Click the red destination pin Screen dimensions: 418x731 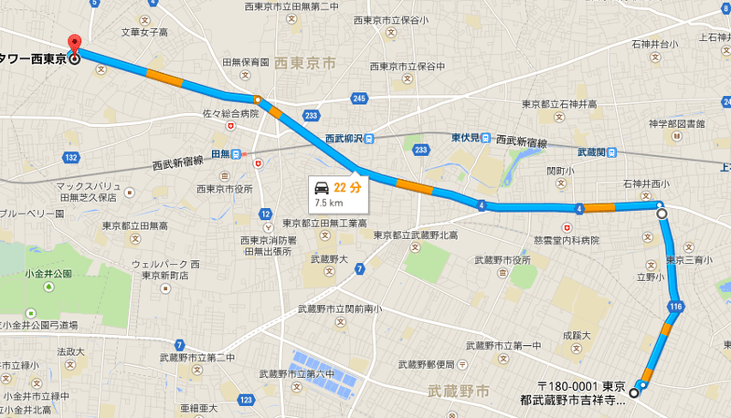74,43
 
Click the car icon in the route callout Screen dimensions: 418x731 323,189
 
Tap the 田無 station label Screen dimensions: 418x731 221,153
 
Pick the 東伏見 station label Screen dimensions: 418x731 466,138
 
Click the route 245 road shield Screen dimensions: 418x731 359,98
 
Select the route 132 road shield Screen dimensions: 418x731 70,157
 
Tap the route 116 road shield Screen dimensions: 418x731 675,306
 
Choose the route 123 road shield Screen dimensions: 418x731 245,399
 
